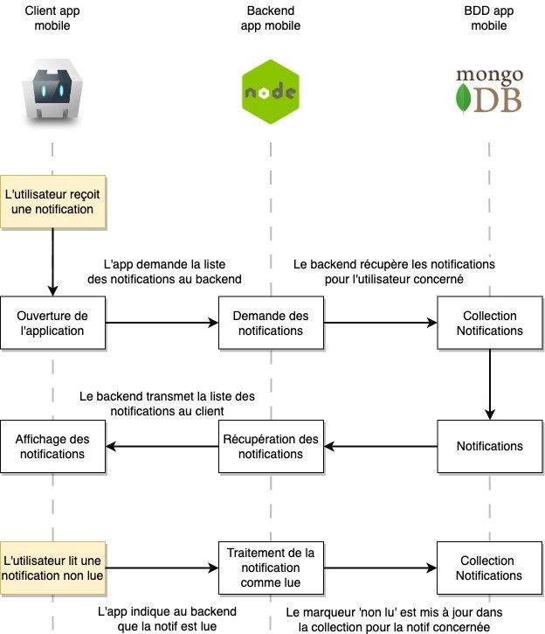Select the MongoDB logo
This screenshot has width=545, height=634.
(489, 90)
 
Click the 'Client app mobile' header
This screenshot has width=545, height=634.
(52, 17)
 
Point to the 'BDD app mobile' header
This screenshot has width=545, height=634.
(489, 17)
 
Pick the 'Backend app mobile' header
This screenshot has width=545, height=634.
(270, 17)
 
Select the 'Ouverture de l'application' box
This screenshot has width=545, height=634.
(52, 324)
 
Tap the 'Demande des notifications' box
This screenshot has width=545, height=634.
(270, 324)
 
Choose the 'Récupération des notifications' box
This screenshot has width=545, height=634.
(270, 447)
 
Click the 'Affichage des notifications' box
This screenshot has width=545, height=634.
(52, 447)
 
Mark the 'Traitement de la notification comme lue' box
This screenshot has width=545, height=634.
(270, 568)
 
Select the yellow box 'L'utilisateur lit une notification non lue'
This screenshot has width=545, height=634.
(52, 568)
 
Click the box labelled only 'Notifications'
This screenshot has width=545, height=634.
(489, 447)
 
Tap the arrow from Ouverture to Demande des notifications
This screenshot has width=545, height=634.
(162, 324)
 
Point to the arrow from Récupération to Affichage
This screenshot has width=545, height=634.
(162, 448)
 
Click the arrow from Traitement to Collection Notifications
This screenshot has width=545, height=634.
(379, 568)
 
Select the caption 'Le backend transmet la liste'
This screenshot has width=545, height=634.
(167, 403)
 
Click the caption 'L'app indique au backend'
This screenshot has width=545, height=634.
(167, 618)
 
